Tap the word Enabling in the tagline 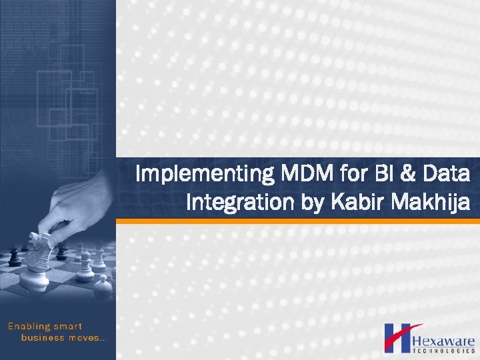click(28, 327)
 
